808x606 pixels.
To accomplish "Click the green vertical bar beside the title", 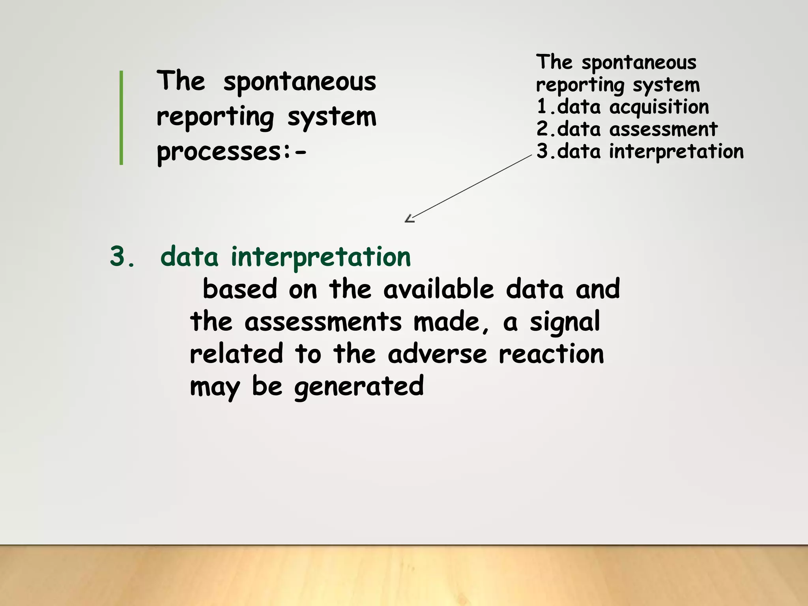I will coord(121,117).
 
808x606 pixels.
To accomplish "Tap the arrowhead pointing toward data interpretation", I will coord(409,219).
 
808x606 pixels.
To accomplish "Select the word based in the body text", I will coord(240,289).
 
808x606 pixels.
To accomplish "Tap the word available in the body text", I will coord(438,289).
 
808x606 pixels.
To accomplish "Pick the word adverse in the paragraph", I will coord(437,354).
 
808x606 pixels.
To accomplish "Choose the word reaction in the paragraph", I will coord(551,354).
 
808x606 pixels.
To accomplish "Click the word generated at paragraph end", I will coord(359,387).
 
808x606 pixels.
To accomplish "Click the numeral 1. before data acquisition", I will coord(544,107).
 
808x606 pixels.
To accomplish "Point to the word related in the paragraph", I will coord(236,354).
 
